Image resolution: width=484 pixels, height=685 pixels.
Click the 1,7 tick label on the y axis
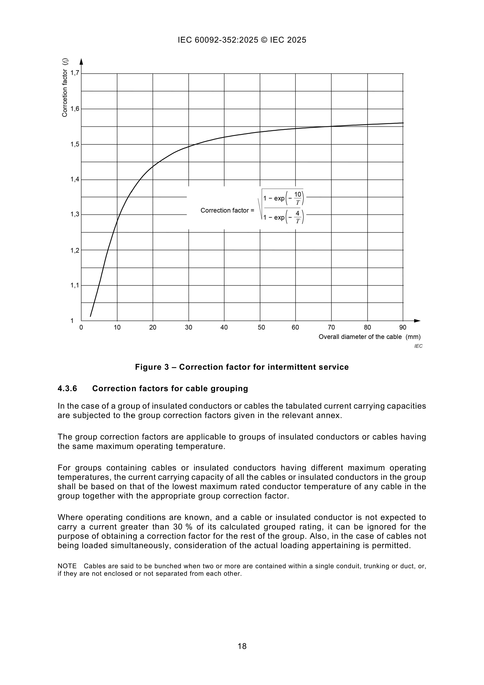pos(75,73)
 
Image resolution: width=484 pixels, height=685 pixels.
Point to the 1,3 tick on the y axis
pos(75,215)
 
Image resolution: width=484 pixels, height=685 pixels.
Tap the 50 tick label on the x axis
pos(261,327)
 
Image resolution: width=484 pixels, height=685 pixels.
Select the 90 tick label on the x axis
pos(403,327)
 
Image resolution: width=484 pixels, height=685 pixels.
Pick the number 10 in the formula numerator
pos(298,194)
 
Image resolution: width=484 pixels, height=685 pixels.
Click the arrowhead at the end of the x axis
pos(417,321)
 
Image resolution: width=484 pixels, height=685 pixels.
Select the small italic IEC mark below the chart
pos(418,346)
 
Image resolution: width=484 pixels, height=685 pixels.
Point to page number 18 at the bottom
pos(242,646)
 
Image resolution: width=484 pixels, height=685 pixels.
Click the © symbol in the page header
pos(264,40)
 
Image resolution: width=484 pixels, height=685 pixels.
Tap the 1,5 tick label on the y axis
pos(75,144)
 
